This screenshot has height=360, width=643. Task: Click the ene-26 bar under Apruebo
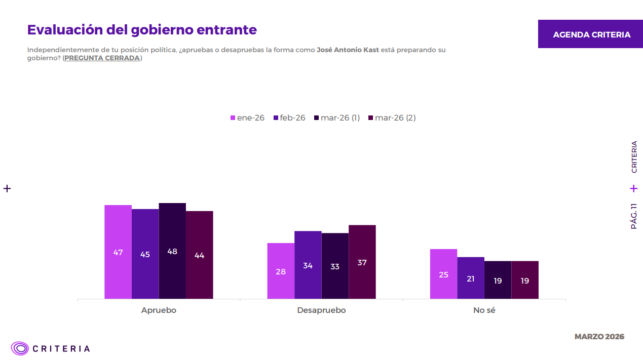tap(118, 252)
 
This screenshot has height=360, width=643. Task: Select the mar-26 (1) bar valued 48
tap(172, 251)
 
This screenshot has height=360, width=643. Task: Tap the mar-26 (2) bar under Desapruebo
tap(362, 262)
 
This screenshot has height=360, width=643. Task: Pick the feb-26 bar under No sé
tap(471, 278)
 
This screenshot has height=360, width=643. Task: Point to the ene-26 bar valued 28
tap(281, 271)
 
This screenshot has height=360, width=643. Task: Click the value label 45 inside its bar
tap(145, 255)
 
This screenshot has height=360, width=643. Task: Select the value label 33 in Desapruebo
tap(335, 266)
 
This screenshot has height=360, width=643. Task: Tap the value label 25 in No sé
tap(443, 275)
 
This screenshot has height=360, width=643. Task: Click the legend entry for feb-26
tap(289, 118)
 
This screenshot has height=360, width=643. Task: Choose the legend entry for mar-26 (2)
tap(392, 118)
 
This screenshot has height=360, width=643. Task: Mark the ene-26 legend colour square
tap(233, 118)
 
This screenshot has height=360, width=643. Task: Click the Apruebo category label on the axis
tap(159, 310)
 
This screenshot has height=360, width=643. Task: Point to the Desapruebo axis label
tap(321, 310)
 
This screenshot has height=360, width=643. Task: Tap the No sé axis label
tap(484, 310)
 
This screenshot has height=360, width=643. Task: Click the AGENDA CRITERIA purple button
tap(591, 34)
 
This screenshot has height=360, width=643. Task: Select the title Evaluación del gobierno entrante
tap(142, 29)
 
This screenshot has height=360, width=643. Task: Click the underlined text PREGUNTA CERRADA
tap(102, 58)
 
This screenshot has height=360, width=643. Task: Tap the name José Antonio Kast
tap(348, 50)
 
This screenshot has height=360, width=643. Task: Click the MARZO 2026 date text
tap(599, 337)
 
